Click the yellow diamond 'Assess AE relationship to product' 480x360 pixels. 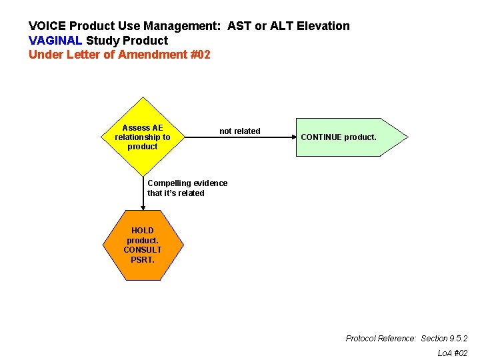point(142,137)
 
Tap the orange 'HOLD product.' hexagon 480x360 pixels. point(142,245)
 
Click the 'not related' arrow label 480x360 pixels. point(240,131)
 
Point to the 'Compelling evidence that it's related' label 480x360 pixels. point(187,188)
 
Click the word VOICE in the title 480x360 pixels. point(46,26)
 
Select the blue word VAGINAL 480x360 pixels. point(55,41)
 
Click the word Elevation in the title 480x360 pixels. point(323,26)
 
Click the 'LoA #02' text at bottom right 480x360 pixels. point(453,353)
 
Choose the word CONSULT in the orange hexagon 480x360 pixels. point(142,250)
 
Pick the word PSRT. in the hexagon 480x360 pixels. point(142,259)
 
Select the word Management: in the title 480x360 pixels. point(188,26)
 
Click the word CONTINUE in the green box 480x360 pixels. point(321,137)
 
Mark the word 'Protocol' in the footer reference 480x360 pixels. point(361,339)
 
